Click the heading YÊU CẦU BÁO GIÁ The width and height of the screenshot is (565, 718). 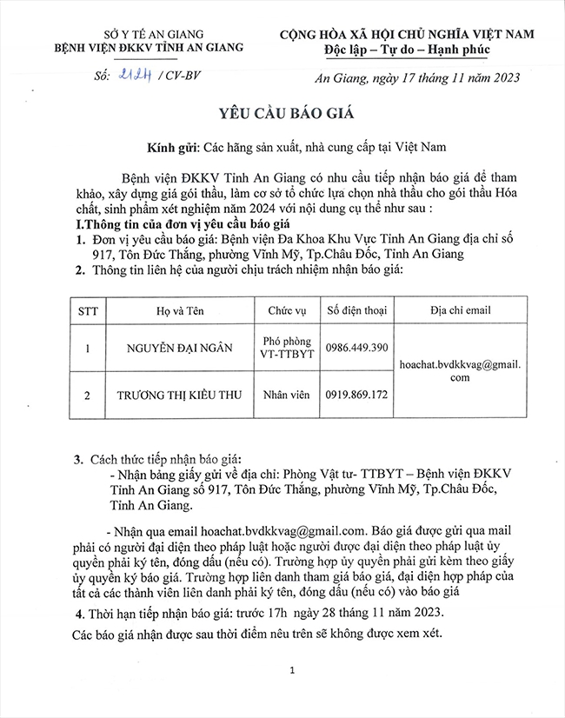pos(282,113)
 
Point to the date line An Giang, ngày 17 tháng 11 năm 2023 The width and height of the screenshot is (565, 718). pos(416,78)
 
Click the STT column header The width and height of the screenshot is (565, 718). pos(88,310)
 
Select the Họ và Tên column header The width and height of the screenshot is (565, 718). pos(180,310)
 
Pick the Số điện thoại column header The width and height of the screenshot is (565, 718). pos(356,310)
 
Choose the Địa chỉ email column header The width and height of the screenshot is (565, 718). pos(461,310)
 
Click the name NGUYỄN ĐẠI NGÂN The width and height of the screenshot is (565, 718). pos(180,348)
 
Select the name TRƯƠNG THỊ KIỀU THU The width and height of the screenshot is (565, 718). pos(180,395)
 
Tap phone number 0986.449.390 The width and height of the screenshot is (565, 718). pos(356,348)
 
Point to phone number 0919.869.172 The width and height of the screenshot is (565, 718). pos(356,395)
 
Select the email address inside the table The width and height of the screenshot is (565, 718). pos(460,371)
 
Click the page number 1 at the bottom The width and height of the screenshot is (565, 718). pos(293,670)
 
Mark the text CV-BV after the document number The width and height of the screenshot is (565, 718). pos(183,76)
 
